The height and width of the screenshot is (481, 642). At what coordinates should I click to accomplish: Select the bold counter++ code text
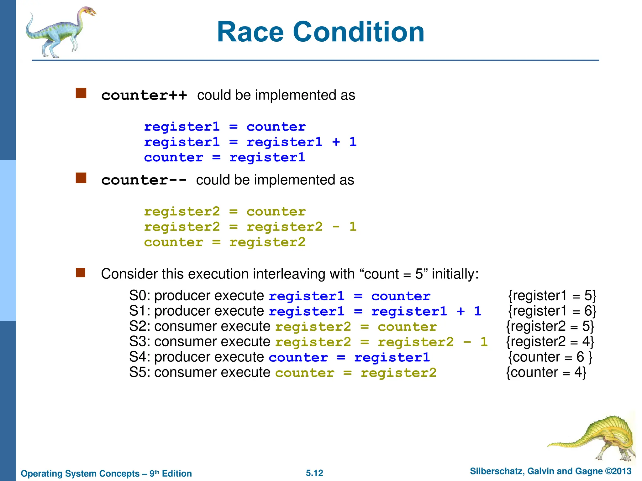coord(144,95)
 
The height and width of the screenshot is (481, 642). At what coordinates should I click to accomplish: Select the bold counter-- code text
coord(144,180)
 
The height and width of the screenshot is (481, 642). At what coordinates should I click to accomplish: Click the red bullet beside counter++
coord(81,93)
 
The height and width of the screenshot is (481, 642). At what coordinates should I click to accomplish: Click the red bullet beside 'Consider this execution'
coord(81,272)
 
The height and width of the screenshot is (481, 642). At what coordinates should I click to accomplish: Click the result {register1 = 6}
coord(552,311)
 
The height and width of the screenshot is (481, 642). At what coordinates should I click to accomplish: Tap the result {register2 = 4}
coord(550,342)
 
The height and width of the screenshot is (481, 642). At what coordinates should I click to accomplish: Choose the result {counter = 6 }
coord(550,357)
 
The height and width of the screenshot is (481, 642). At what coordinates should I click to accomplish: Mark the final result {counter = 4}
coord(546,372)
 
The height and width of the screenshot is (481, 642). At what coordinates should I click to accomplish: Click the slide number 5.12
coord(314,473)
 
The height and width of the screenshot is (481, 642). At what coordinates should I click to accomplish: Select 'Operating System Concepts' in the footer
coord(80,473)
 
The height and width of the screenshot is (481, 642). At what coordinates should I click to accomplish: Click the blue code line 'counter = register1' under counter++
coord(224,157)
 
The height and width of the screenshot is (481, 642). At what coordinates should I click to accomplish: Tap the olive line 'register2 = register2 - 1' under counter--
coord(250,227)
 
